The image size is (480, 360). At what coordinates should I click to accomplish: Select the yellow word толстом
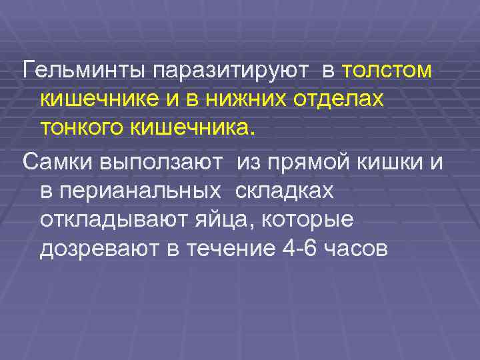tap(386, 69)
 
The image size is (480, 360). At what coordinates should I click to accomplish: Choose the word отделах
tap(337, 99)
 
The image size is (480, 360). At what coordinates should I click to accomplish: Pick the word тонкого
tap(84, 127)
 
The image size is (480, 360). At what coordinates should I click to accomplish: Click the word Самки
tap(58, 162)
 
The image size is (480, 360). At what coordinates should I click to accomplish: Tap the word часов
tap(353, 249)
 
